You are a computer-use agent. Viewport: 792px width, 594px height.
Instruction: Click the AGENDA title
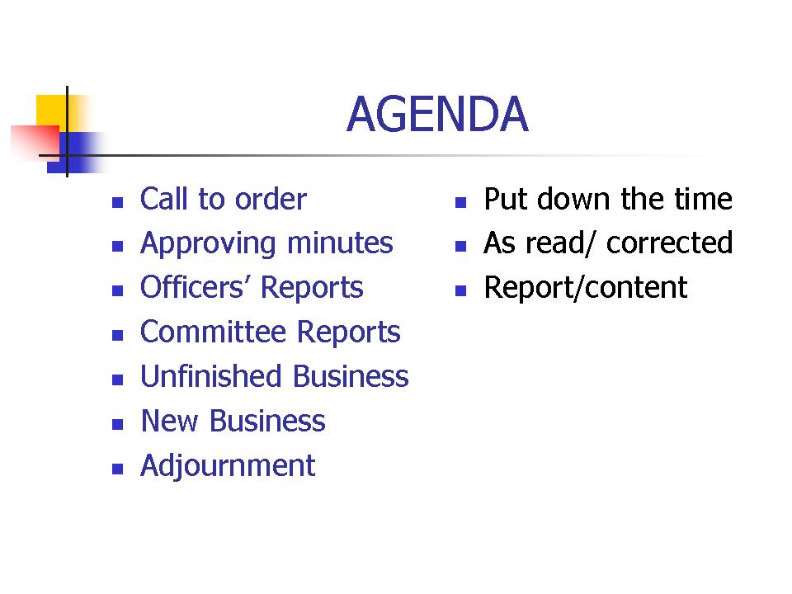point(437,114)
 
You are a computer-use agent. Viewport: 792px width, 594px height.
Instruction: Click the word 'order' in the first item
point(271,199)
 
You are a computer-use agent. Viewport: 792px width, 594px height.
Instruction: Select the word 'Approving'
point(208,244)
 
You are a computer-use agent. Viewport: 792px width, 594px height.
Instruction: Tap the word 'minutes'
point(340,243)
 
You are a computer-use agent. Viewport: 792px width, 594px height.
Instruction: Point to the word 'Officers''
point(192,287)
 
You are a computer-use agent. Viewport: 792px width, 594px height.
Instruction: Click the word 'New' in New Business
point(169,421)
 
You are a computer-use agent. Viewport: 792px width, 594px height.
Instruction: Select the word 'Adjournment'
point(228,466)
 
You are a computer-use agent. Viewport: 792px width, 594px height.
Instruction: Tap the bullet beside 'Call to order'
point(118,203)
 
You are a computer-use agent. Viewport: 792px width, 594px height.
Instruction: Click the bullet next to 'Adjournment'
point(118,469)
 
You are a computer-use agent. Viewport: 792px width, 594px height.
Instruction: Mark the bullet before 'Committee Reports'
point(118,336)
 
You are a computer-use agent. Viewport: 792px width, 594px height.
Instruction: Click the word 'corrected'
point(669,243)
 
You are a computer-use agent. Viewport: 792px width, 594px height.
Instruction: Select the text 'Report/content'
point(586,288)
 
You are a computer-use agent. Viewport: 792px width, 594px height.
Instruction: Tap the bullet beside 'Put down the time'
point(460,203)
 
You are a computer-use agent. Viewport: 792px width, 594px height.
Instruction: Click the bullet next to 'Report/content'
point(460,291)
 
